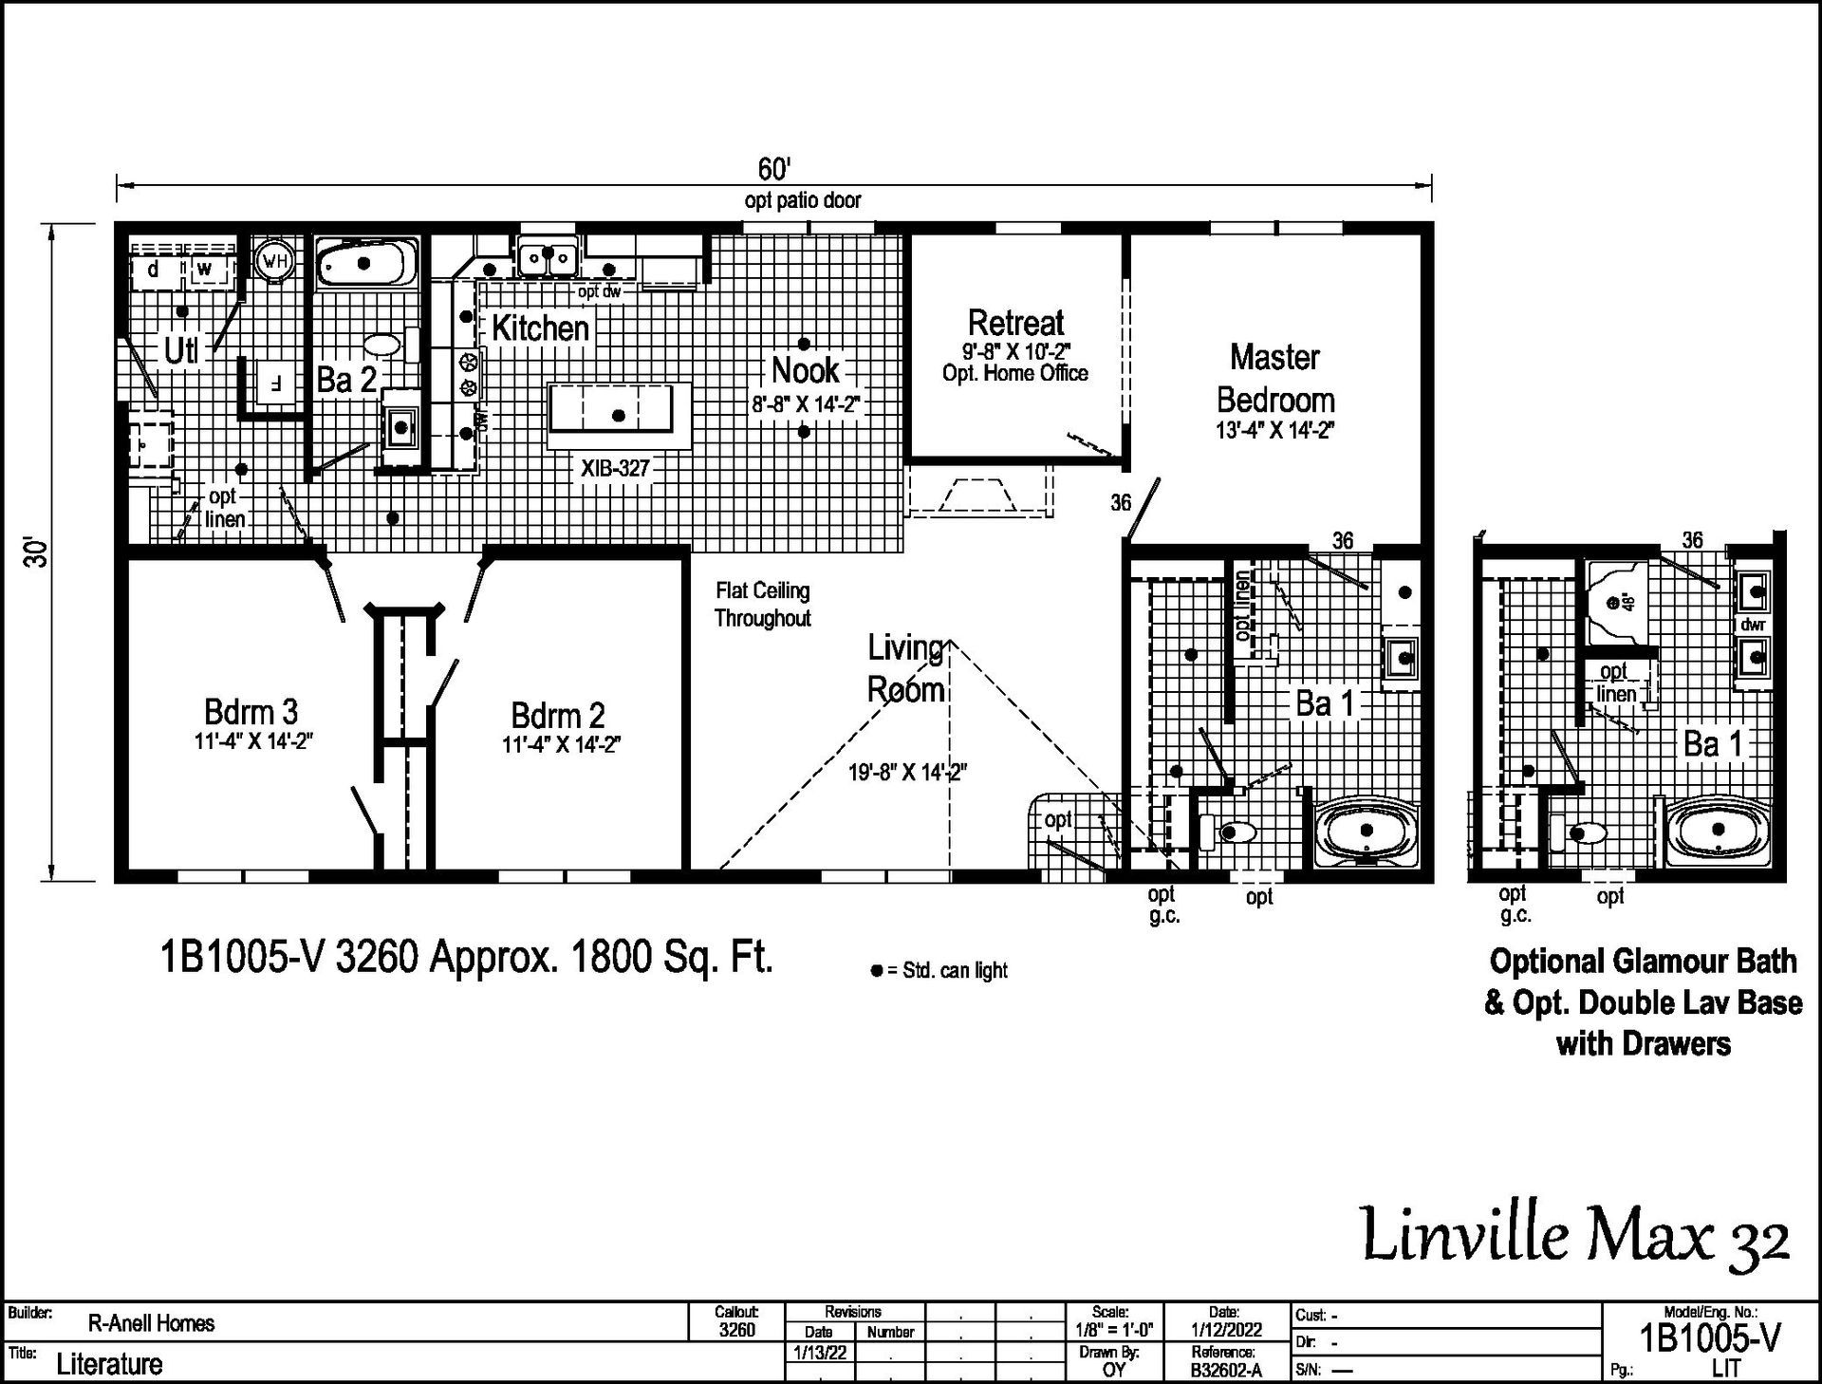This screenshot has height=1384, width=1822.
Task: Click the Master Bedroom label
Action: coord(1274,378)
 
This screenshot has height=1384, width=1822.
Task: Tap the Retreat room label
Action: coord(1015,323)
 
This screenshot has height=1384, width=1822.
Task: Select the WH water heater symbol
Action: coord(274,260)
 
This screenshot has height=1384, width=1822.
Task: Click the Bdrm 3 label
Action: coord(251,711)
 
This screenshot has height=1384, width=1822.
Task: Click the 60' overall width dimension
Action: coord(773,169)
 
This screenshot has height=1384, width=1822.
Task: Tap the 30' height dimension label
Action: coord(36,552)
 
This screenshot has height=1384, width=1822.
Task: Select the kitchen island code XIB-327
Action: coord(615,468)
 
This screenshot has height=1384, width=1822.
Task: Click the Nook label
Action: coord(805,370)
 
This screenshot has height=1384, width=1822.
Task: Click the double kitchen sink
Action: coord(547,256)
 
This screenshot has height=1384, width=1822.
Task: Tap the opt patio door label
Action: coord(803,200)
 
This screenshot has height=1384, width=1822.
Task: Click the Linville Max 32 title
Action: coord(1576,1236)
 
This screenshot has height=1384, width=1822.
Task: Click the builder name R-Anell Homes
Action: coord(151,1323)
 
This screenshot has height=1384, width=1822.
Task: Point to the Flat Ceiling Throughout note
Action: coord(763,605)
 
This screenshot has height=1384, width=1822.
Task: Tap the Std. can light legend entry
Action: coord(939,970)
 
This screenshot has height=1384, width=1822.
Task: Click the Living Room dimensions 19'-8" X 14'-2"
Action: coord(907,773)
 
